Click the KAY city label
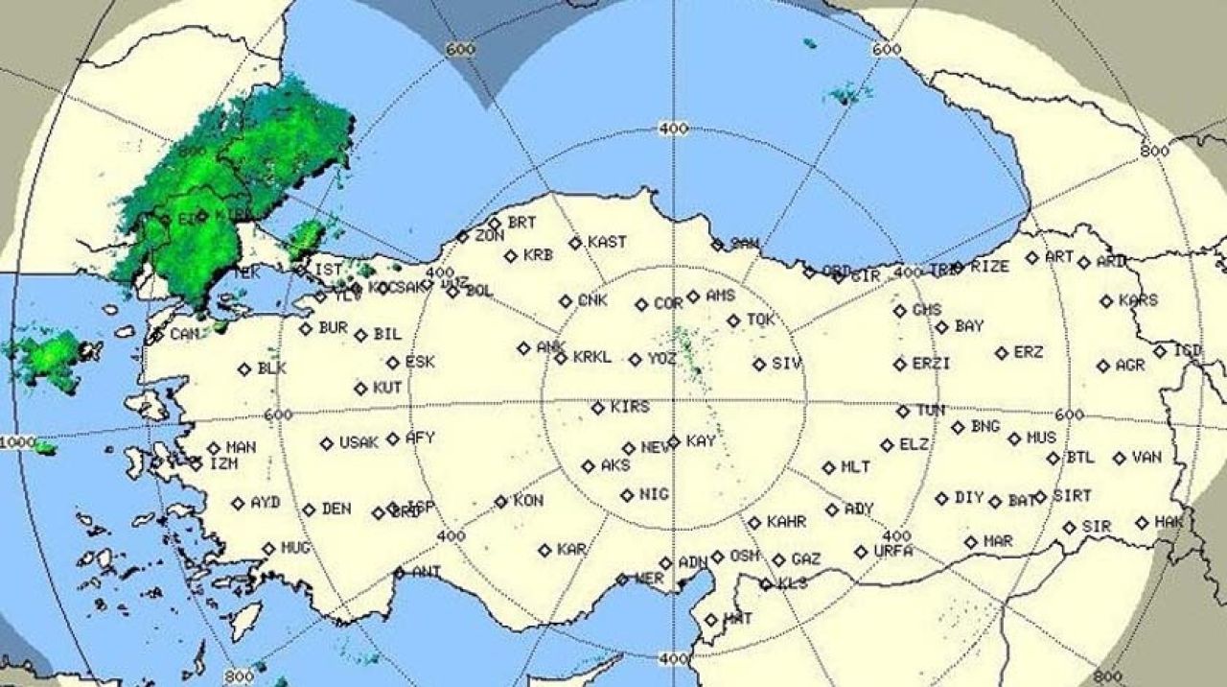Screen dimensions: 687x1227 (x=701, y=441)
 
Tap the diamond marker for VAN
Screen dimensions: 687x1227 (x=1120, y=459)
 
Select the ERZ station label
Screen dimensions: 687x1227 (x=1029, y=353)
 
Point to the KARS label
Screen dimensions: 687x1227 (x=1138, y=300)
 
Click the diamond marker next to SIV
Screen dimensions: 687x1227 (x=759, y=365)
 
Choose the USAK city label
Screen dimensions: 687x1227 (x=359, y=443)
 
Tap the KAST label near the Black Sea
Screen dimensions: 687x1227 (x=607, y=242)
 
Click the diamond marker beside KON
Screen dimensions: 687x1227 (x=500, y=502)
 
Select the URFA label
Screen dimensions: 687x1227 (x=893, y=551)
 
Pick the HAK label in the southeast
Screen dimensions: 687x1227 (x=1169, y=521)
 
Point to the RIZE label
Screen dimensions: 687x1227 (x=989, y=267)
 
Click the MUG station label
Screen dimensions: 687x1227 (x=295, y=548)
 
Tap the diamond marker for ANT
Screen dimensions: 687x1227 (x=399, y=573)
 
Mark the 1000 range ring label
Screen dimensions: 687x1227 (x=16, y=442)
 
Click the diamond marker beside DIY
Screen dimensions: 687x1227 (x=942, y=499)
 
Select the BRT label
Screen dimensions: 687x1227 (x=522, y=223)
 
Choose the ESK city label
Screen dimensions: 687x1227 (x=420, y=363)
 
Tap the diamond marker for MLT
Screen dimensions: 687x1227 (x=828, y=468)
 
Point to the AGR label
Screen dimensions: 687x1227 (x=1130, y=366)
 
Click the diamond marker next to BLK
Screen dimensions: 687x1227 (x=244, y=369)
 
